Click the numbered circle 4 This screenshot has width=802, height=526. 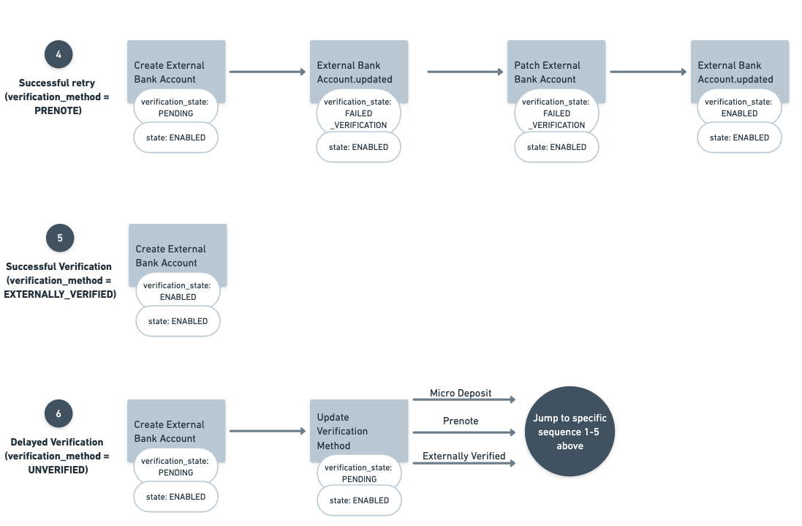tap(58, 55)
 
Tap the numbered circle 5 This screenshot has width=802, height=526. tap(60, 238)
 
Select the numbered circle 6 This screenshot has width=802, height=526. tap(58, 414)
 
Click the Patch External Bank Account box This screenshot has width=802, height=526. tap(556, 72)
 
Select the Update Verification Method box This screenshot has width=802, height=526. tap(358, 431)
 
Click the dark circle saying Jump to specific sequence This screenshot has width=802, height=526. tap(570, 432)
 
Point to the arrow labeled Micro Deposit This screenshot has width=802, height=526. tap(464, 399)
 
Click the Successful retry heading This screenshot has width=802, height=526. tap(57, 83)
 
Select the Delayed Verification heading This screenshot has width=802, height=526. tap(57, 442)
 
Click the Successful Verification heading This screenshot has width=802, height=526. tap(58, 266)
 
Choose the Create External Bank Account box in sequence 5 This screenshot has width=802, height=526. tap(178, 255)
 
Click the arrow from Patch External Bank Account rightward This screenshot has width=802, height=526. tap(648, 72)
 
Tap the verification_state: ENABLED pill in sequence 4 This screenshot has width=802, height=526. tap(739, 108)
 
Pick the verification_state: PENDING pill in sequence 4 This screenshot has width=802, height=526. tap(175, 108)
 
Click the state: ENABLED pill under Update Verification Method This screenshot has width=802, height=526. tap(359, 500)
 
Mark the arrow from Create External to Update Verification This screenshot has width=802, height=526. tap(267, 431)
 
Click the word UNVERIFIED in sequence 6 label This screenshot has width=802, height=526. tap(58, 470)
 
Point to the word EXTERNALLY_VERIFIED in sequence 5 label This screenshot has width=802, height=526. tap(61, 294)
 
